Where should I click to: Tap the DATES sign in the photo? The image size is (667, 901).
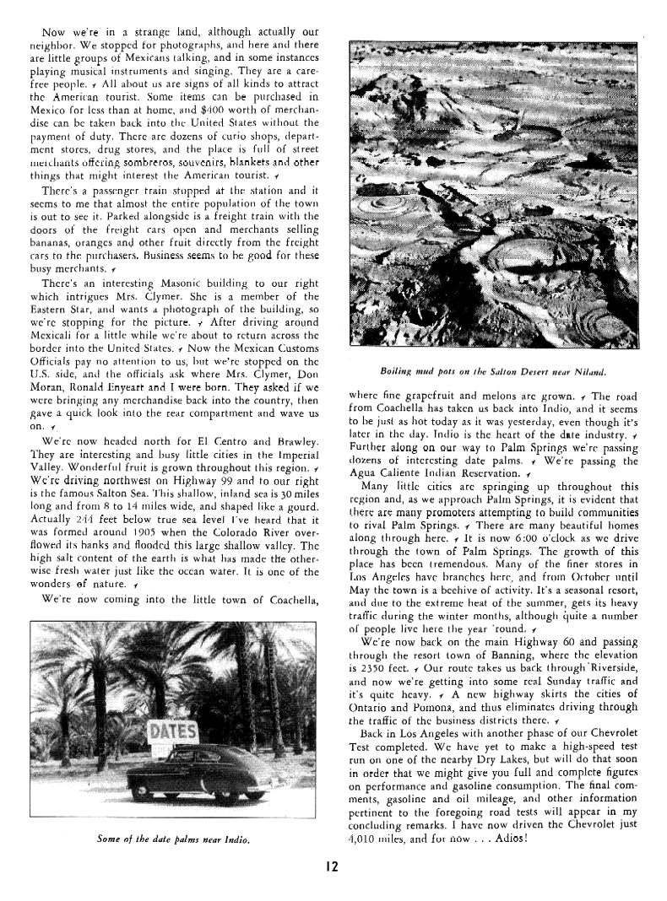[x=173, y=731]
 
